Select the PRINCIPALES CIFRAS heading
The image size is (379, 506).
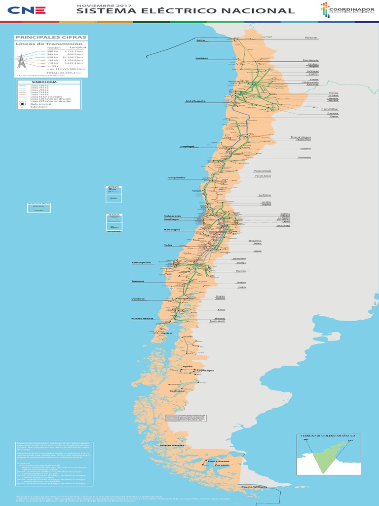tap(51, 38)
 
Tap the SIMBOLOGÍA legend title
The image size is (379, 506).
tap(44, 82)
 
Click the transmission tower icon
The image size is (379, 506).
tap(21, 61)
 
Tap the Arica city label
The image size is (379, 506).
tap(200, 41)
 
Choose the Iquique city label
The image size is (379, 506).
tap(202, 58)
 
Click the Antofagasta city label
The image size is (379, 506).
tap(195, 101)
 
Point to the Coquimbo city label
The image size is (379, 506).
tap(176, 177)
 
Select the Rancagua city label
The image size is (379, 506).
tap(172, 230)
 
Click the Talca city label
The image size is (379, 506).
tap(168, 245)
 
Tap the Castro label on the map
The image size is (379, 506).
tap(167, 334)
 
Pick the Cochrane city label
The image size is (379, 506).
tap(177, 391)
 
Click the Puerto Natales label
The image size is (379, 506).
tap(172, 446)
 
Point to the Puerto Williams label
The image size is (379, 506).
tap(254, 487)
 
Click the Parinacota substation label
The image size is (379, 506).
tap(311, 38)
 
